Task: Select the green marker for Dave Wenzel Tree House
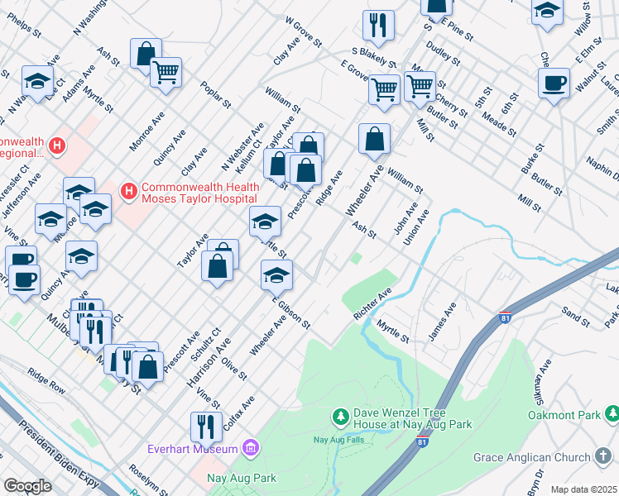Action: coord(339,414)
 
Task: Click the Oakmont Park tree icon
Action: coord(612,413)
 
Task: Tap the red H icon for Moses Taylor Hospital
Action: coord(128,192)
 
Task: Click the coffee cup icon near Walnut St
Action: coord(554,82)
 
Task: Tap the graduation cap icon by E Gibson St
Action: coord(277,274)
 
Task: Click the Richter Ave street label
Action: coord(372,304)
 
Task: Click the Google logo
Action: coord(27,486)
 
